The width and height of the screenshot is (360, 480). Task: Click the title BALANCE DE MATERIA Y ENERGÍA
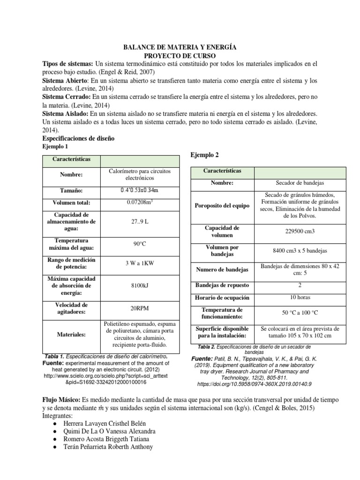coord(180,47)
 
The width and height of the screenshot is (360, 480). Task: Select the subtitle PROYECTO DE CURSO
coord(180,55)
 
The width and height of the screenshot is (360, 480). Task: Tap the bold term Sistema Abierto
coord(63,81)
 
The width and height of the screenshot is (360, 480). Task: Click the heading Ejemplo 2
coord(204,155)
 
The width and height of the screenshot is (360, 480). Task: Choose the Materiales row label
coord(72,335)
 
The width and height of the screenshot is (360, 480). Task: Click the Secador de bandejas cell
coord(300,183)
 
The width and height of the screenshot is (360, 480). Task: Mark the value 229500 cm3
coord(300,231)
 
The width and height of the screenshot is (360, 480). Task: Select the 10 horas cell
coord(300,297)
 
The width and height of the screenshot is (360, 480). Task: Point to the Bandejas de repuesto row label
coord(222,285)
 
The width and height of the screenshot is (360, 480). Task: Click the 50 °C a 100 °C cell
coord(300,313)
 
